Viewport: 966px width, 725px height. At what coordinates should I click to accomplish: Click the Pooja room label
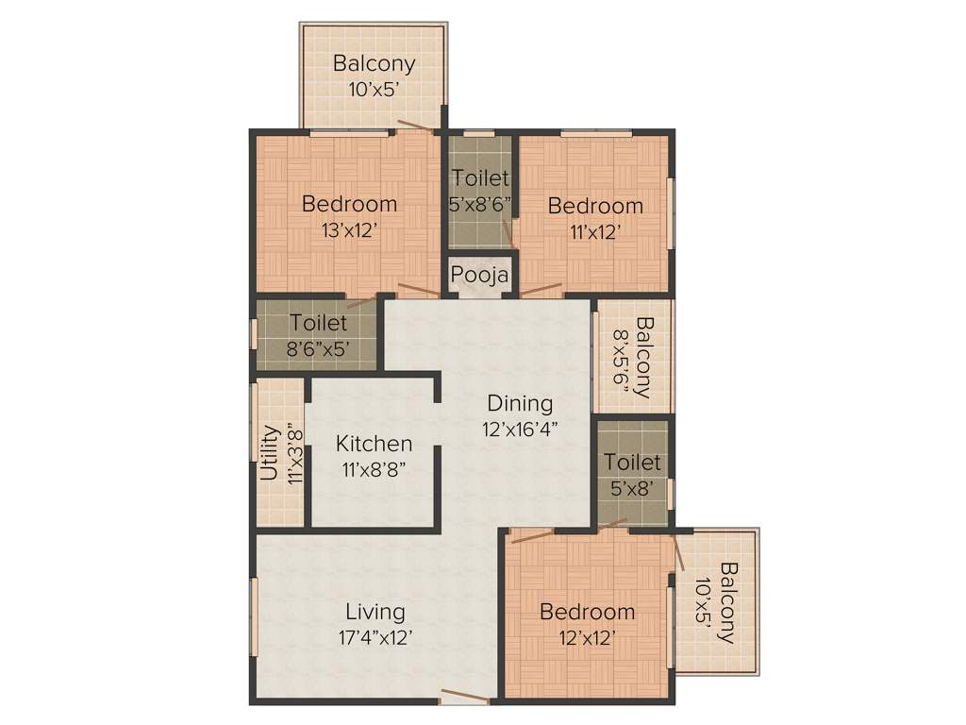[x=480, y=275]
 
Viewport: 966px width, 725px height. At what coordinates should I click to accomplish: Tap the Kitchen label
[x=374, y=443]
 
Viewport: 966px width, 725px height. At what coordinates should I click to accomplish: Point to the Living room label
[x=375, y=611]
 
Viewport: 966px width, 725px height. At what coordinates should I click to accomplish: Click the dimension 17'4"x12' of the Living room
[x=375, y=637]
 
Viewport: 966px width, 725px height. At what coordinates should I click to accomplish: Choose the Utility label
[x=270, y=453]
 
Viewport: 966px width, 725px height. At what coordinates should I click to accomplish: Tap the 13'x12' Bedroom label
[x=349, y=204]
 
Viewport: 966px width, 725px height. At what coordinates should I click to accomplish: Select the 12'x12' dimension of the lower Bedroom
[x=587, y=638]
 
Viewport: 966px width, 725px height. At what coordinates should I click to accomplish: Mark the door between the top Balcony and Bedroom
[x=416, y=126]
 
